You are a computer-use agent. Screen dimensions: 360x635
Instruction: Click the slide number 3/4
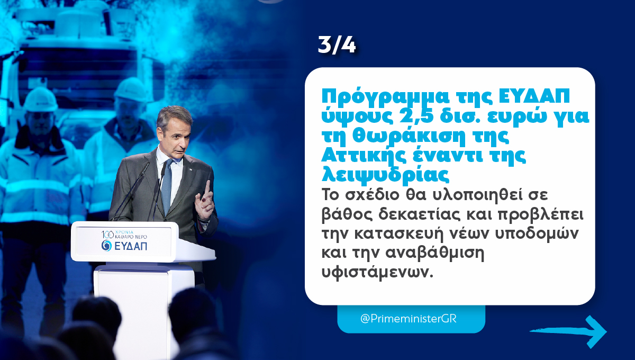[x=337, y=46]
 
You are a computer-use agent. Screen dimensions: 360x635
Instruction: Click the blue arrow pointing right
[x=569, y=331]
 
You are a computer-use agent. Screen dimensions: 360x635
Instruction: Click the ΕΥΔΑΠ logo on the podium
[x=125, y=245]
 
